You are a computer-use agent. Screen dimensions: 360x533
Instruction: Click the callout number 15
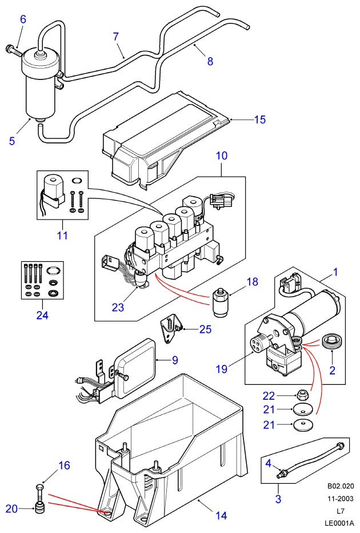[260, 120]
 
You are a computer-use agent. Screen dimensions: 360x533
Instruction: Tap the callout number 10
[222, 156]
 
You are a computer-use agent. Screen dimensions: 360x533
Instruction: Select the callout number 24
[42, 315]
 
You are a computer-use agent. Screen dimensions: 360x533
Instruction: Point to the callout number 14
[221, 515]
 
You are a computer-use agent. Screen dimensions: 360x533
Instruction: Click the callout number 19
[222, 369]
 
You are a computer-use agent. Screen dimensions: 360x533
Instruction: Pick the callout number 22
[269, 396]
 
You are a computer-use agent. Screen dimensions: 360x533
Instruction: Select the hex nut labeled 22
[301, 395]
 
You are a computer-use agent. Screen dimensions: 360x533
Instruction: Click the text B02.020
[341, 486]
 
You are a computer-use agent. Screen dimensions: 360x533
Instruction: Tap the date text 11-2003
[341, 498]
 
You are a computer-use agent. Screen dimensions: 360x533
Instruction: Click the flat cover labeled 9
[135, 367]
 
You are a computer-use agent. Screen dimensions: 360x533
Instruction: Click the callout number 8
[210, 61]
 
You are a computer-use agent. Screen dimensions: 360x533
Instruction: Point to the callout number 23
[118, 307]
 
